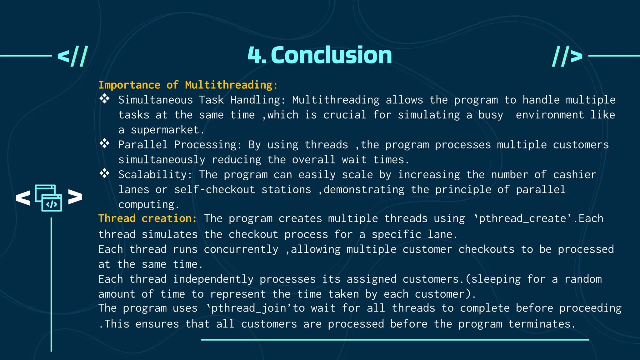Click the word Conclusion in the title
[331, 55]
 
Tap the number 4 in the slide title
[254, 56]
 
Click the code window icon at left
[48, 198]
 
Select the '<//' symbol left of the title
[72, 56]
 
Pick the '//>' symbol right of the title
[567, 56]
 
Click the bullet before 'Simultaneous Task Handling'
[104, 99]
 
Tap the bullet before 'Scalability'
[104, 173]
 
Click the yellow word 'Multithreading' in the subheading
[229, 85]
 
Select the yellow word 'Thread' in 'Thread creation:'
[117, 218]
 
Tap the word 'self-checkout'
[214, 190]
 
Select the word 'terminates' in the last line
[539, 324]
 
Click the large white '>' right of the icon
[75, 197]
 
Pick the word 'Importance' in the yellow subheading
[129, 85]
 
